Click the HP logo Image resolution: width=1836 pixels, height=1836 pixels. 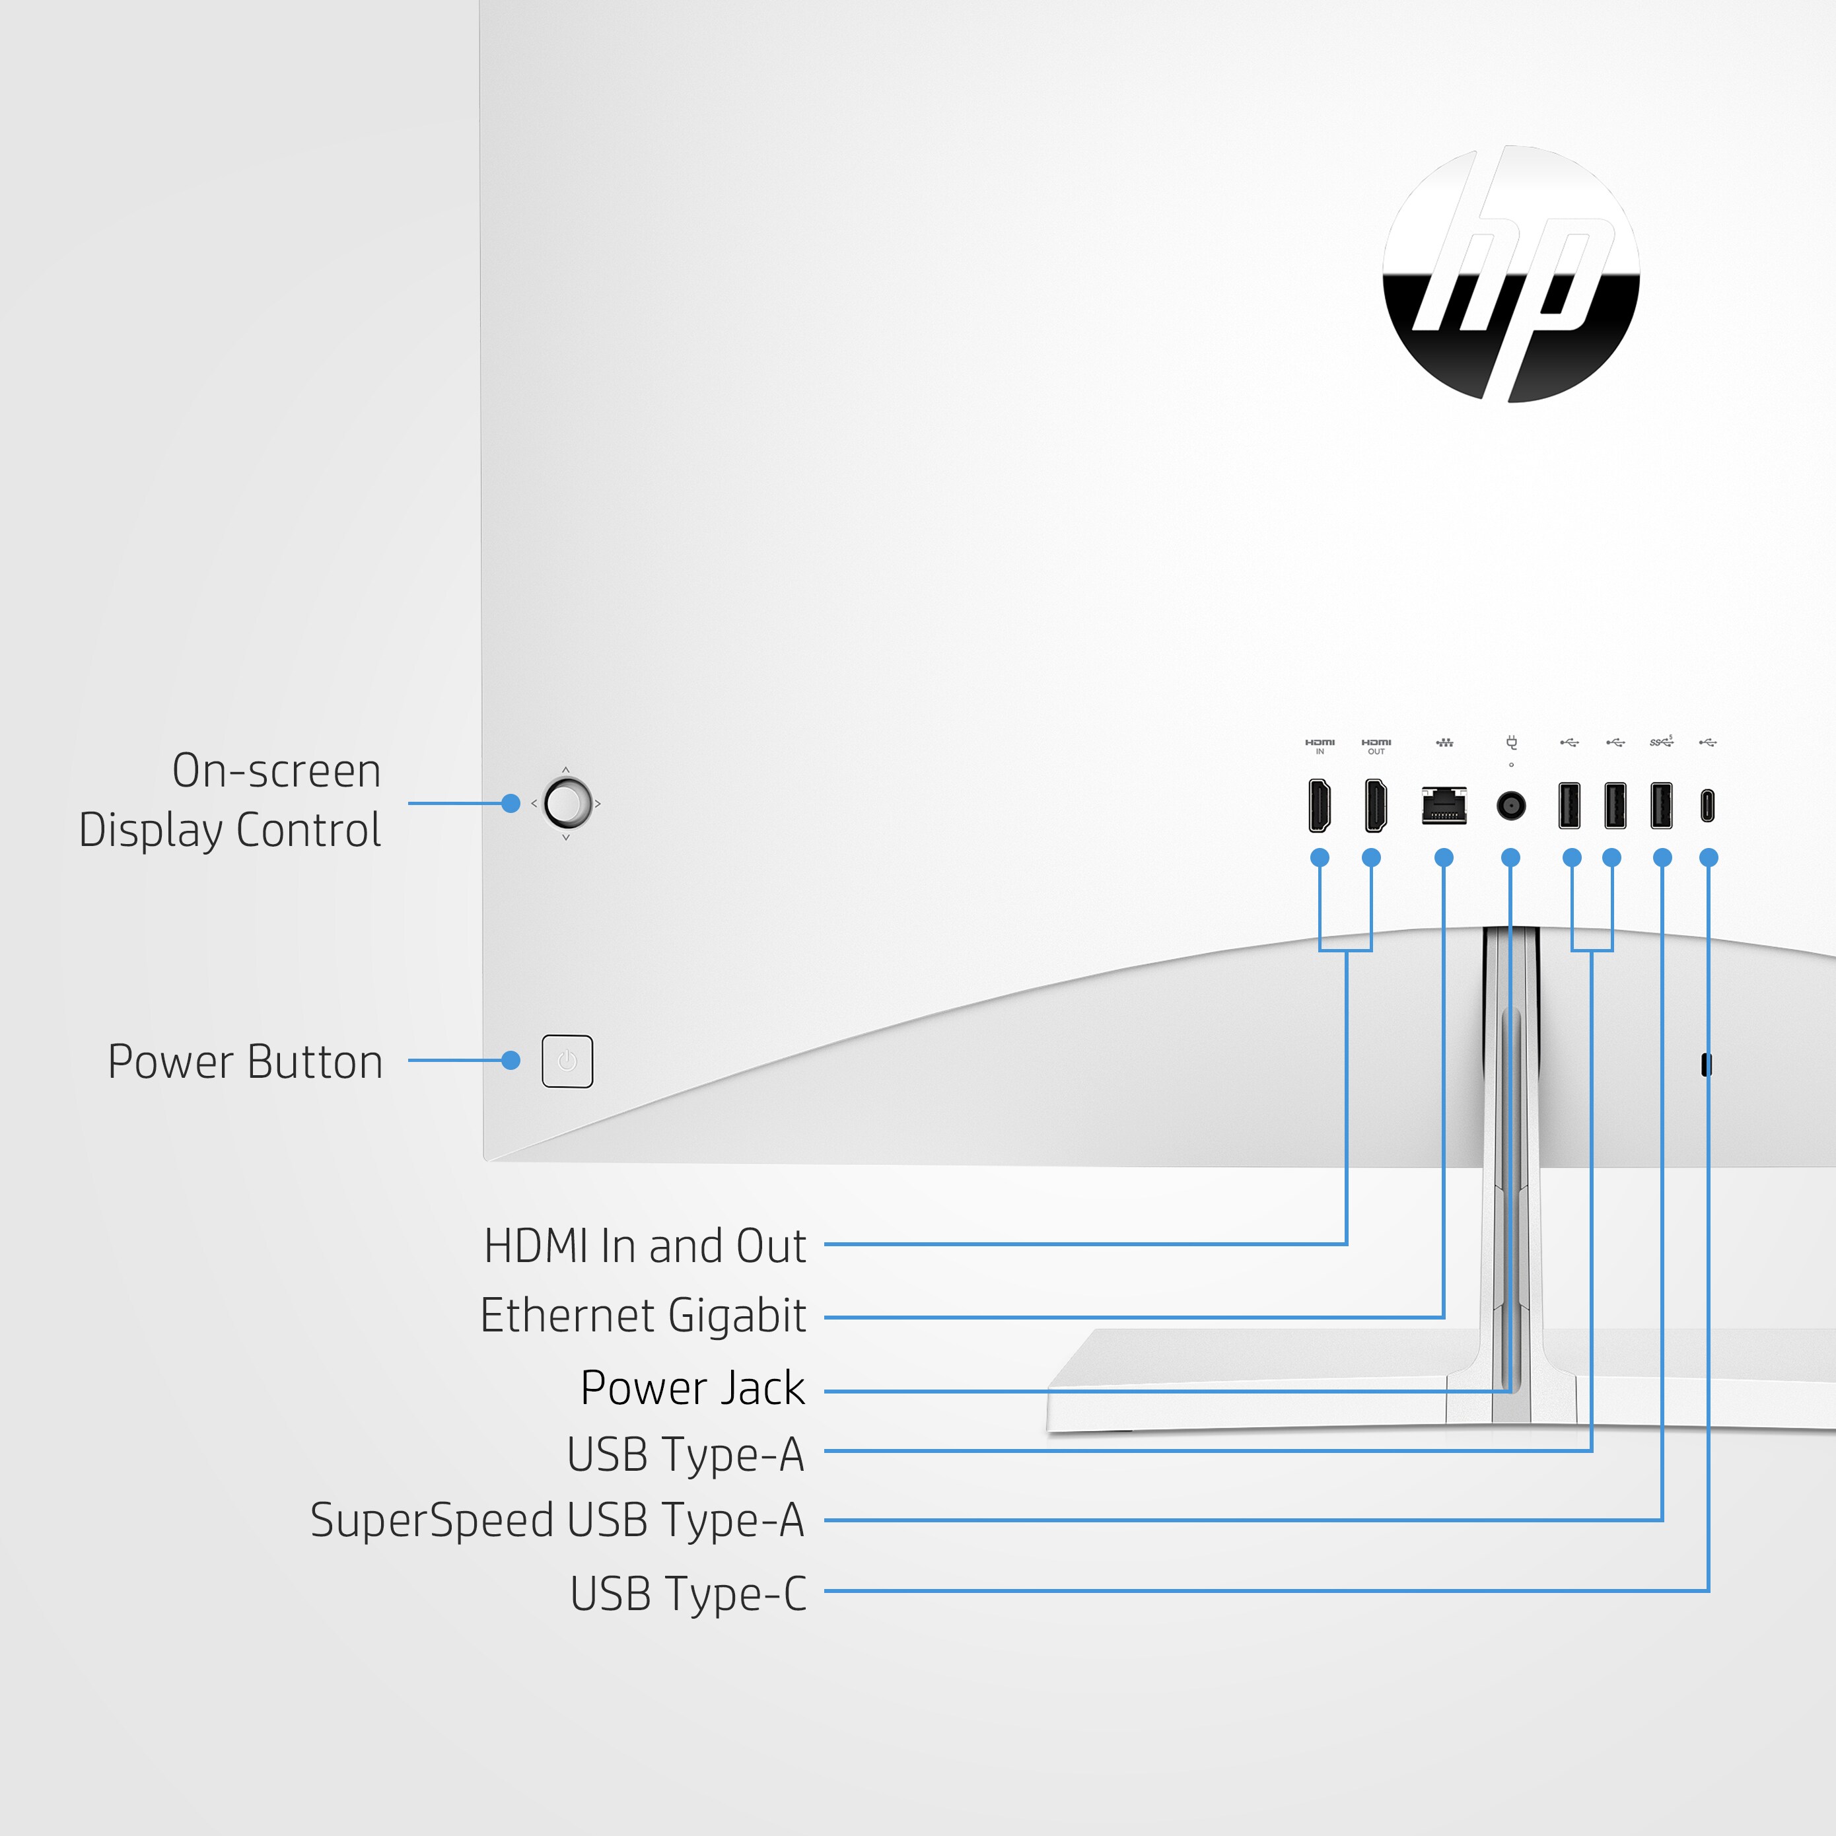1511,273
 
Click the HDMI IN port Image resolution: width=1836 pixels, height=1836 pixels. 1319,805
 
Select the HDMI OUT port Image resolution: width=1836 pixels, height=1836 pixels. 1375,805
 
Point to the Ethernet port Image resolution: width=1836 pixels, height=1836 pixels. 1444,805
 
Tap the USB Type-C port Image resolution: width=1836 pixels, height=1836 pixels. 1708,806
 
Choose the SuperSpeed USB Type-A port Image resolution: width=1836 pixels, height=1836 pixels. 1661,805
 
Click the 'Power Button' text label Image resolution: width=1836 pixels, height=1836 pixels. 245,1061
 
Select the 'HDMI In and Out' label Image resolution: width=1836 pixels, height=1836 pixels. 645,1246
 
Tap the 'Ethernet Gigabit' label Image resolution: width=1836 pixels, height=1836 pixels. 643,1316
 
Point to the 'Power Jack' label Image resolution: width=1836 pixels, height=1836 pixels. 693,1388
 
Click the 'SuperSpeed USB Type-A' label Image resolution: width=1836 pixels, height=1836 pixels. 558,1520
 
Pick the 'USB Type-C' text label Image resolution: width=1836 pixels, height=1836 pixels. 689,1594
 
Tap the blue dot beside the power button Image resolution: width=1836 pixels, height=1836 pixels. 511,1061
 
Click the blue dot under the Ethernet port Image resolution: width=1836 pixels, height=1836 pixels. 1444,858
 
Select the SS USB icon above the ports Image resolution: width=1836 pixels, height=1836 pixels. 1661,741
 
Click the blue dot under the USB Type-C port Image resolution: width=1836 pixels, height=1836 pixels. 1709,858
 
